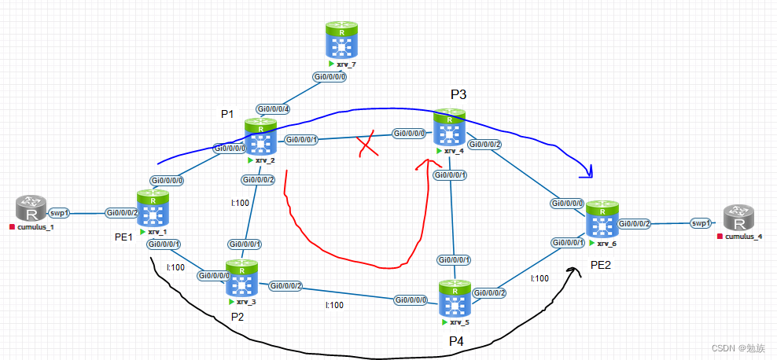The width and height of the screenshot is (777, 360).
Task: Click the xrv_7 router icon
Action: tap(342, 39)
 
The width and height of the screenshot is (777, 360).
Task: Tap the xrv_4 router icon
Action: tap(449, 128)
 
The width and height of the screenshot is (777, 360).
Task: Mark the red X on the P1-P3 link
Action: tap(366, 146)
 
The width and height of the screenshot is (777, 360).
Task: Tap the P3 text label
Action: tap(458, 94)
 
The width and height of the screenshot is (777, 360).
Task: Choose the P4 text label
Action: tap(456, 340)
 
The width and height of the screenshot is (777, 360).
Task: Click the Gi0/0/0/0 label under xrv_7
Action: tap(329, 77)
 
